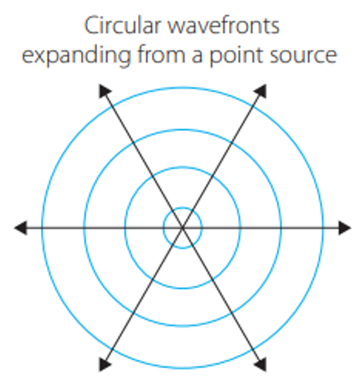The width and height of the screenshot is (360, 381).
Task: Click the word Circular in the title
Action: pos(123,25)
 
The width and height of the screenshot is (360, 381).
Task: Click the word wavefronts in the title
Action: pos(223,25)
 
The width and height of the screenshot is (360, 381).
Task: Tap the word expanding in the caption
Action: pos(77,56)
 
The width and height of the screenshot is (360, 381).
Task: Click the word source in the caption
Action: pos(304,56)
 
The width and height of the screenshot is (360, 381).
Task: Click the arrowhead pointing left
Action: pos(20,228)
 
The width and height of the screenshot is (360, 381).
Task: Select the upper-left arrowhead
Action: pos(104,91)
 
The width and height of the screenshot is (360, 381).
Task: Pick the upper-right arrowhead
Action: pos(261,91)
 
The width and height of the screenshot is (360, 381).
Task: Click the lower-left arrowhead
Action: pos(104,365)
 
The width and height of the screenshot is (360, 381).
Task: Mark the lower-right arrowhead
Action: pos(261,365)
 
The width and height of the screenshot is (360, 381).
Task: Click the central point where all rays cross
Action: pos(182,228)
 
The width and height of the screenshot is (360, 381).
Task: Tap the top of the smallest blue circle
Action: pos(182,208)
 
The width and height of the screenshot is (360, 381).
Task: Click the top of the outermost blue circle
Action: pos(182,88)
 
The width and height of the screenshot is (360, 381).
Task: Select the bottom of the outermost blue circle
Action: pos(182,368)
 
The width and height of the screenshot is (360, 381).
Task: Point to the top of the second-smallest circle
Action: pos(182,167)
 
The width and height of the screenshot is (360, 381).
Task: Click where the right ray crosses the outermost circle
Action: pos(323,228)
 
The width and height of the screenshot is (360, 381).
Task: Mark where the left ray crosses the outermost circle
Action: pos(42,228)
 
